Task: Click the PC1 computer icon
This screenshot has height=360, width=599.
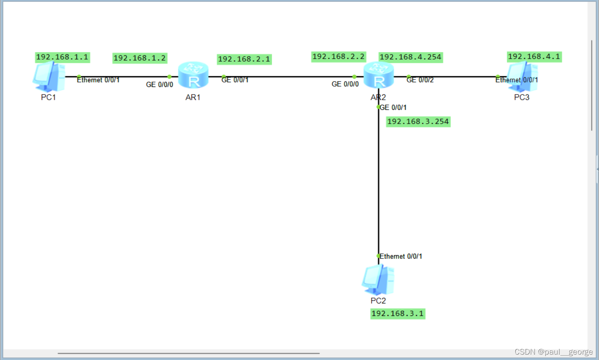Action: [49, 77]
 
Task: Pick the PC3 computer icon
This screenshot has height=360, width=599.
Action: [522, 77]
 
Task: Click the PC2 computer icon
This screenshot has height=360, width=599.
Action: [378, 280]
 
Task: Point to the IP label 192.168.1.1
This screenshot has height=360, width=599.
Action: [62, 57]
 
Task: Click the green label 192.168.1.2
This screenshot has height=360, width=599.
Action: [140, 58]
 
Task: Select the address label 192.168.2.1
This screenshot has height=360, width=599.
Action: [244, 59]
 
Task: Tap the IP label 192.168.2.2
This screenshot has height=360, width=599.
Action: [338, 57]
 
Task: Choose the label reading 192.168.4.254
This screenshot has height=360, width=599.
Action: [411, 57]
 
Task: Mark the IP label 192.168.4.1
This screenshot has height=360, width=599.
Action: [534, 57]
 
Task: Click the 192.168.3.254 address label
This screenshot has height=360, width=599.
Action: [418, 122]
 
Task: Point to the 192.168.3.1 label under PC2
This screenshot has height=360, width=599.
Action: [398, 313]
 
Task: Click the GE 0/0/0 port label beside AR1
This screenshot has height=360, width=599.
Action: [159, 84]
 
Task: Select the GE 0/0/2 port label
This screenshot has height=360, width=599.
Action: [420, 80]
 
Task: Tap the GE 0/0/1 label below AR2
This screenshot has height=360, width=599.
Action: [393, 107]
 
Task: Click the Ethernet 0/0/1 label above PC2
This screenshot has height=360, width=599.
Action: [401, 256]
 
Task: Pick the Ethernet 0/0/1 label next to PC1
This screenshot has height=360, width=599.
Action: [98, 80]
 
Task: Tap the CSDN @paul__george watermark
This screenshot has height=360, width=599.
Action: [554, 352]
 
